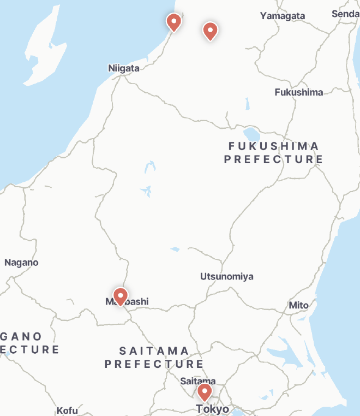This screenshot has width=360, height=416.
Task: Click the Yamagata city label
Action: coord(282,16)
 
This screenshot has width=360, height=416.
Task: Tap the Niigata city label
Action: coord(124,68)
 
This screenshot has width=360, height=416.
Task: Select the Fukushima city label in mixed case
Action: coord(298,92)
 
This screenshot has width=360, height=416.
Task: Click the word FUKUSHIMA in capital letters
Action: coord(274,146)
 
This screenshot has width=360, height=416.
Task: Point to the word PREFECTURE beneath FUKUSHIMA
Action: coord(273,159)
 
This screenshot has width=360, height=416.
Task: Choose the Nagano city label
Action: coord(21,263)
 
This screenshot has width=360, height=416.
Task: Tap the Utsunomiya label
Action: coord(226,276)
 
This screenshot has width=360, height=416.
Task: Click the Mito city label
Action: coord(298,305)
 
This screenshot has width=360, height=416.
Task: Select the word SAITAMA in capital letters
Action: coord(154,350)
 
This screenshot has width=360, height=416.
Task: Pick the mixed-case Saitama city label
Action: coord(197,381)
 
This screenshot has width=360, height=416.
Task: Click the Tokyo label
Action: coord(213,409)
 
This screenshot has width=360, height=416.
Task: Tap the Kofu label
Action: coord(67,411)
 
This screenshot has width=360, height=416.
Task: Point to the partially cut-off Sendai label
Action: coord(345,14)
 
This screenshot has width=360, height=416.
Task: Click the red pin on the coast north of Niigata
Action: coord(173,22)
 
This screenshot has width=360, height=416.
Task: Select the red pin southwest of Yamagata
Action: coord(210,31)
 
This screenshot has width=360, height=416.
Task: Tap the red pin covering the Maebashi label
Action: coord(120,295)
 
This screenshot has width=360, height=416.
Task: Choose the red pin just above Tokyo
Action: coord(205,391)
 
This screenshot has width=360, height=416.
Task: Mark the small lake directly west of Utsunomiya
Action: coord(175,249)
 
